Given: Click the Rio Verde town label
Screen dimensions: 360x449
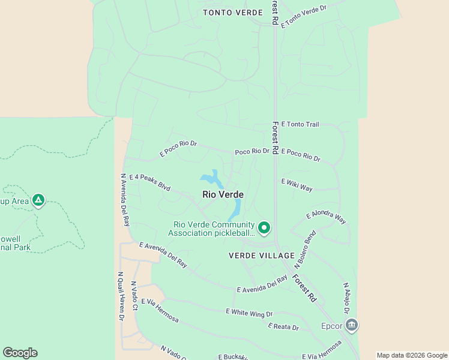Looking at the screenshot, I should click(x=223, y=194).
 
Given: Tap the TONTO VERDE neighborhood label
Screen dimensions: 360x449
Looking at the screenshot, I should click(x=233, y=13).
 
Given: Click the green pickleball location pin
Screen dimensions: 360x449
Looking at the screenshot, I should click(x=264, y=227).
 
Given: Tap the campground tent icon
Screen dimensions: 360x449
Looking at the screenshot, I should click(x=38, y=200).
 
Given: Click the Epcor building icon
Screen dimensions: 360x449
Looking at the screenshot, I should click(x=352, y=325).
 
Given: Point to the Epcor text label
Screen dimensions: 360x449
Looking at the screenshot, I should click(x=331, y=327).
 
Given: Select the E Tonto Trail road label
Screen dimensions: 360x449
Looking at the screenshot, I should click(x=300, y=124).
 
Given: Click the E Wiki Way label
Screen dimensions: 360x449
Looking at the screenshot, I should click(x=297, y=185).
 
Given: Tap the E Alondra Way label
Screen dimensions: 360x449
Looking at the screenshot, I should click(x=326, y=217).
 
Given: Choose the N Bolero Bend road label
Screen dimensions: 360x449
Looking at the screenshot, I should click(x=305, y=249).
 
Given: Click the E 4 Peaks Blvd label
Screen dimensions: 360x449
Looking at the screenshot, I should click(x=149, y=182).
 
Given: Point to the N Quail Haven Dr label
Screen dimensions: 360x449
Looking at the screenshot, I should click(x=120, y=295).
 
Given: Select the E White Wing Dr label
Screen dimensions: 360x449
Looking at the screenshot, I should click(x=249, y=313).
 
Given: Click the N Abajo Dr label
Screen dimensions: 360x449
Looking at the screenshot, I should click(x=346, y=298).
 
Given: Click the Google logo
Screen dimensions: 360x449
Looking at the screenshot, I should click(x=20, y=353).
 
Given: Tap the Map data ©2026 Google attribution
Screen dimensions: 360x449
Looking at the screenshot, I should click(x=412, y=355).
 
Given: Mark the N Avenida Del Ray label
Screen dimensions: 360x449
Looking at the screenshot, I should click(x=125, y=199).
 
